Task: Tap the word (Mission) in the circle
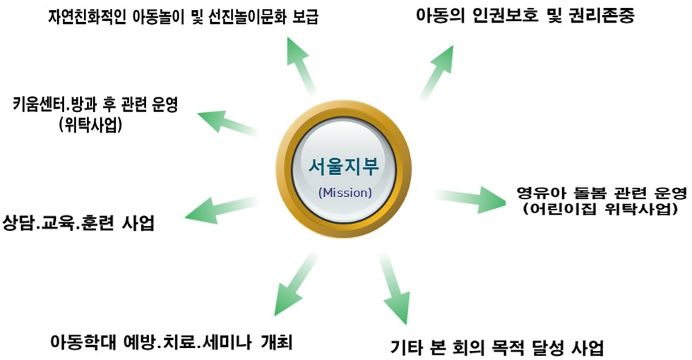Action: tap(345, 191)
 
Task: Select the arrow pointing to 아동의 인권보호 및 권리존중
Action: tap(437, 71)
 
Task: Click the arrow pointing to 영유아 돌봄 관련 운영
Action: tap(470, 200)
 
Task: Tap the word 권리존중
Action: tap(600, 16)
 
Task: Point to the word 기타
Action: tap(408, 347)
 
